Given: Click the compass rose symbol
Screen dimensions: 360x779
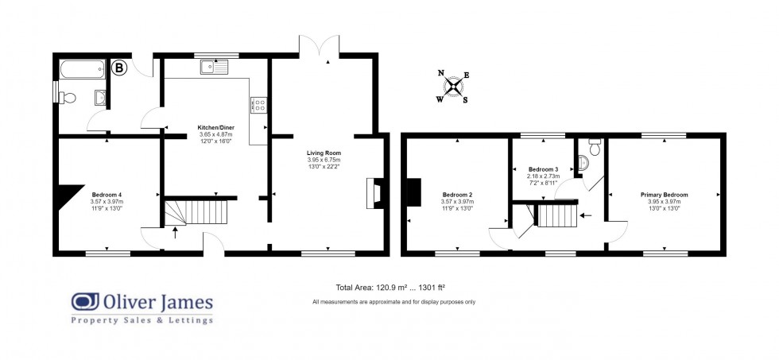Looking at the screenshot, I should pyautogui.click(x=453, y=87).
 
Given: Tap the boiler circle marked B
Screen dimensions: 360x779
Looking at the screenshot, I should pyautogui.click(x=120, y=69).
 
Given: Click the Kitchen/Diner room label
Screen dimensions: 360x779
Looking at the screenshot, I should pyautogui.click(x=215, y=126).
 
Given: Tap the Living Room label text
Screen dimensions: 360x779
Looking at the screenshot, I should pyautogui.click(x=324, y=152).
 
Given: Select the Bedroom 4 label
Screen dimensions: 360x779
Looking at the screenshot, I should pyautogui.click(x=106, y=195).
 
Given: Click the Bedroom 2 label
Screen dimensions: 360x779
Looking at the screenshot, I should pyautogui.click(x=458, y=195).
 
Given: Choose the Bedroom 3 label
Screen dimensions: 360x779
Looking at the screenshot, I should pyautogui.click(x=544, y=169).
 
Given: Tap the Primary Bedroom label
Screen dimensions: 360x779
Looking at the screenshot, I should pyautogui.click(x=664, y=195).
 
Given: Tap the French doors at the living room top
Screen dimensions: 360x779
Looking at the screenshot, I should pyautogui.click(x=320, y=46).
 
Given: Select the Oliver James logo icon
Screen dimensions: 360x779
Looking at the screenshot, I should pyautogui.click(x=84, y=302).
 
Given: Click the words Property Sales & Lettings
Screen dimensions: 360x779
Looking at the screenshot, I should pyautogui.click(x=142, y=320).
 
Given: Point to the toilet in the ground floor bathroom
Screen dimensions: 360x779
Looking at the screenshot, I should pyautogui.click(x=68, y=98).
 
